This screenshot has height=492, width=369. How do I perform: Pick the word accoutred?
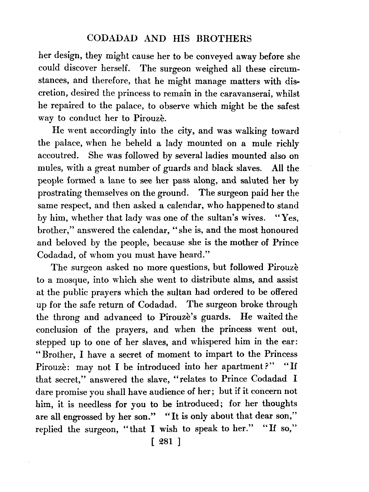coord(57,156)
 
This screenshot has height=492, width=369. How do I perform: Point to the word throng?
coord(66,318)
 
